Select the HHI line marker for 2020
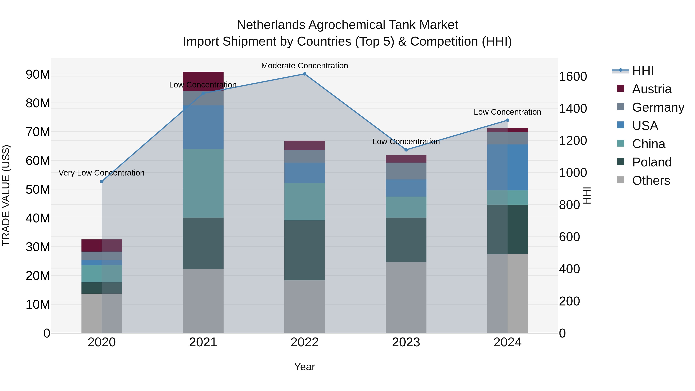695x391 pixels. (102, 182)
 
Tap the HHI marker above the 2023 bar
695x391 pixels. (406, 150)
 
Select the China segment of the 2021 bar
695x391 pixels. (203, 183)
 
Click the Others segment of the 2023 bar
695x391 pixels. (406, 297)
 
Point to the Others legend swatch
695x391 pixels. (620, 180)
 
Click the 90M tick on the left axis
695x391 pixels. (38, 75)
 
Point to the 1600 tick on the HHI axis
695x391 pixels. (573, 77)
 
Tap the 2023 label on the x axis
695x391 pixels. (406, 342)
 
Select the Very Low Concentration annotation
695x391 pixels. (101, 173)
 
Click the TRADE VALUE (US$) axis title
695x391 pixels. (6, 195)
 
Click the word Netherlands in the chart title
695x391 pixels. (271, 25)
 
